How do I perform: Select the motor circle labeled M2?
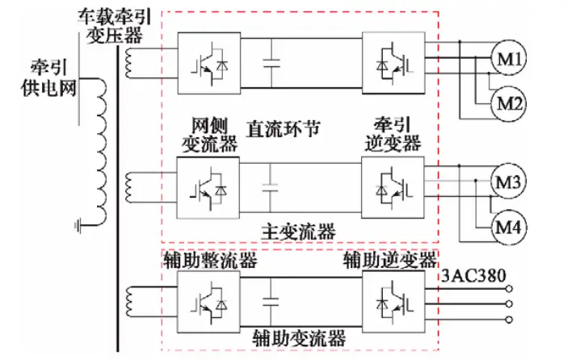click(507, 103)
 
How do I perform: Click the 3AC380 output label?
click(473, 277)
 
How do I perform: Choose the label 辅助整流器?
click(210, 260)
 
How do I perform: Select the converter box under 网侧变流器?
click(208, 186)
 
